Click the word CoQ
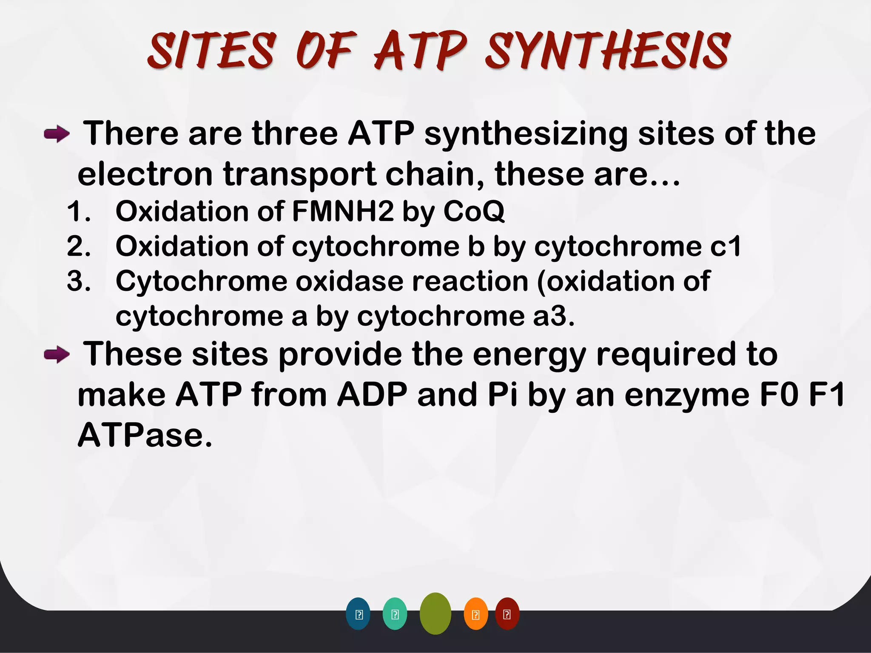pyautogui.click(x=474, y=211)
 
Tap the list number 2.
pyautogui.click(x=78, y=247)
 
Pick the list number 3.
pyautogui.click(x=78, y=281)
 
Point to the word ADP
pyautogui.click(x=372, y=395)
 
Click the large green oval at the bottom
pyautogui.click(x=435, y=613)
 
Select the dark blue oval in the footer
pyautogui.click(x=358, y=614)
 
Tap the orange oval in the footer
pyautogui.click(x=475, y=614)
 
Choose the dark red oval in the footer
pyautogui.click(x=507, y=614)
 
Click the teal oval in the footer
pyautogui.click(x=395, y=614)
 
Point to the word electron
pyautogui.click(x=145, y=174)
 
